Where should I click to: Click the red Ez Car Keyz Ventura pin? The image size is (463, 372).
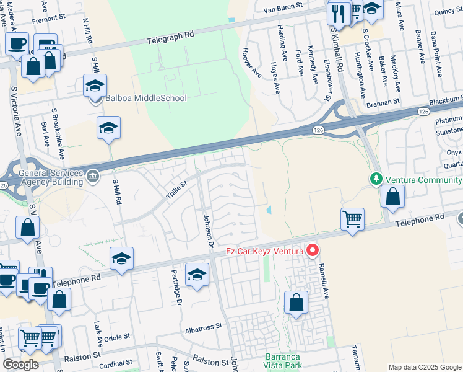(x=313, y=250)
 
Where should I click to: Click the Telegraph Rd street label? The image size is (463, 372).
(x=170, y=38)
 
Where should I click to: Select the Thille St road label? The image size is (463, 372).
(x=176, y=190)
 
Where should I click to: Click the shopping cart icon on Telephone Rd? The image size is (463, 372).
(x=352, y=218)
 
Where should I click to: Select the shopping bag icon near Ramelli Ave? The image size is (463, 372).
(x=296, y=303)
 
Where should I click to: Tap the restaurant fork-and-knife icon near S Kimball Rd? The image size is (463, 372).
(x=338, y=11)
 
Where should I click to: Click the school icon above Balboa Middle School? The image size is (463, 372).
(x=95, y=85)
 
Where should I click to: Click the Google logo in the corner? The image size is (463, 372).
(x=20, y=365)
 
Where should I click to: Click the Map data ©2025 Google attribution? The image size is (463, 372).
(x=424, y=367)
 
